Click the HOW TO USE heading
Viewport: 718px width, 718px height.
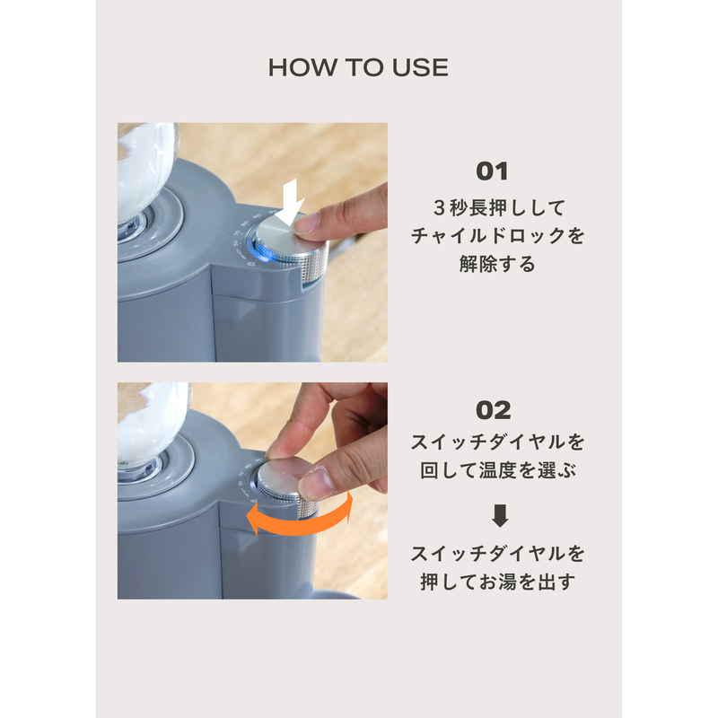click(x=358, y=68)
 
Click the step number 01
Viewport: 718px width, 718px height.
click(x=492, y=171)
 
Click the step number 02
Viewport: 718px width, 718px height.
click(x=493, y=410)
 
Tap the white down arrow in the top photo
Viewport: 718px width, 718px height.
click(x=291, y=202)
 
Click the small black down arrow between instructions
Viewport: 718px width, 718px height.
click(x=500, y=515)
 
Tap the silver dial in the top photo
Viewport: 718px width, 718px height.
click(x=291, y=245)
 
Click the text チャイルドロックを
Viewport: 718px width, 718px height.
click(x=498, y=236)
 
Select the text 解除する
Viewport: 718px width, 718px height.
click(x=497, y=264)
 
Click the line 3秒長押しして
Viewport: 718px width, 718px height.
click(x=499, y=208)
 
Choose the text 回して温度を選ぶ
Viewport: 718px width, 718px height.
click(x=498, y=470)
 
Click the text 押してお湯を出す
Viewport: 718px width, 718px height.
click(x=498, y=582)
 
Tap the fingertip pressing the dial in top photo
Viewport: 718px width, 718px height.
click(x=308, y=225)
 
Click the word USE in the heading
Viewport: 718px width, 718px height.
click(x=420, y=68)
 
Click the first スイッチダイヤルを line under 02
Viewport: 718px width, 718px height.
click(x=498, y=442)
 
